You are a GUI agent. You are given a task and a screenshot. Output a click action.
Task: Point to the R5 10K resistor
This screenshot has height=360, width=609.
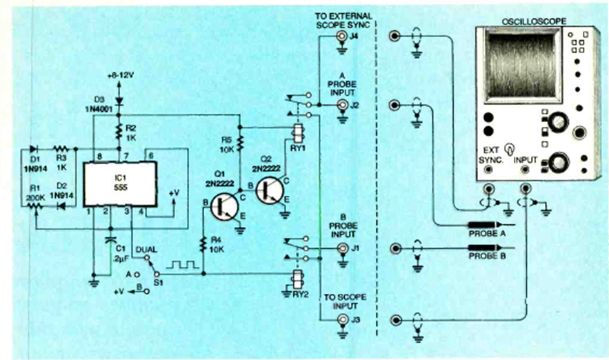coord(240,143)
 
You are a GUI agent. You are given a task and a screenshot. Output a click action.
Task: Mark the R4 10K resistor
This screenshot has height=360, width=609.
coord(203,243)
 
